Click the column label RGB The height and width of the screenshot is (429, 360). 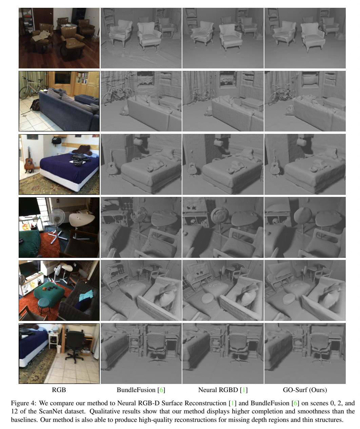59,390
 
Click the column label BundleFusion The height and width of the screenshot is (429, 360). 136,390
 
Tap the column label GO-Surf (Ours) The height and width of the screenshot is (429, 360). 305,390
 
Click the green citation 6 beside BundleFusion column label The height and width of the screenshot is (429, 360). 161,390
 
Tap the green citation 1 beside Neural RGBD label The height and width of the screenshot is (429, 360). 244,390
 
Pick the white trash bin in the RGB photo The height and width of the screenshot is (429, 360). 59,349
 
